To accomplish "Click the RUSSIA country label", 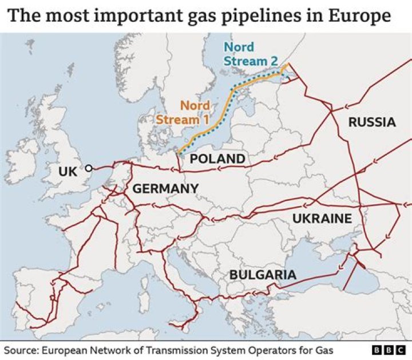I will tap(372, 122).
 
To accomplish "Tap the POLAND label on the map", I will tap(217, 159).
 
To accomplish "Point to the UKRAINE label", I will tap(322, 219).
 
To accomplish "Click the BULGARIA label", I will tap(263, 275).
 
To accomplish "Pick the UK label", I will tap(69, 171).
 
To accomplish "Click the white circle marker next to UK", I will tap(89, 168).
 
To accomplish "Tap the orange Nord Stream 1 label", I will tap(183, 113).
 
